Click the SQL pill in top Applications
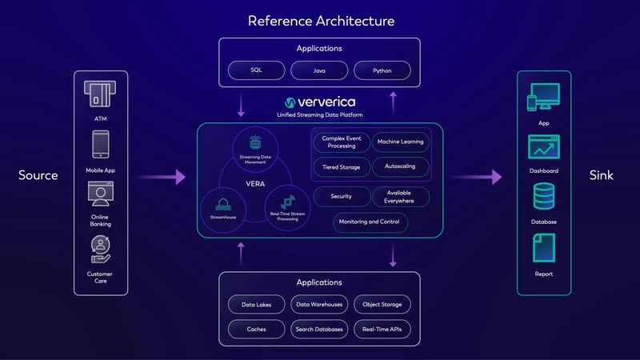(256, 70)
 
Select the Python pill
(382, 70)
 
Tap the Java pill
(319, 70)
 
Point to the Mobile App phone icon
(100, 146)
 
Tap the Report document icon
(543, 248)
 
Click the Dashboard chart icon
(543, 149)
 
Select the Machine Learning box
(400, 142)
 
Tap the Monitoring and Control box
(370, 222)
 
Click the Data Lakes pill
(256, 304)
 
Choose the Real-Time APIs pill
(382, 328)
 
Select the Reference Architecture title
(320, 21)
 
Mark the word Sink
(601, 175)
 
